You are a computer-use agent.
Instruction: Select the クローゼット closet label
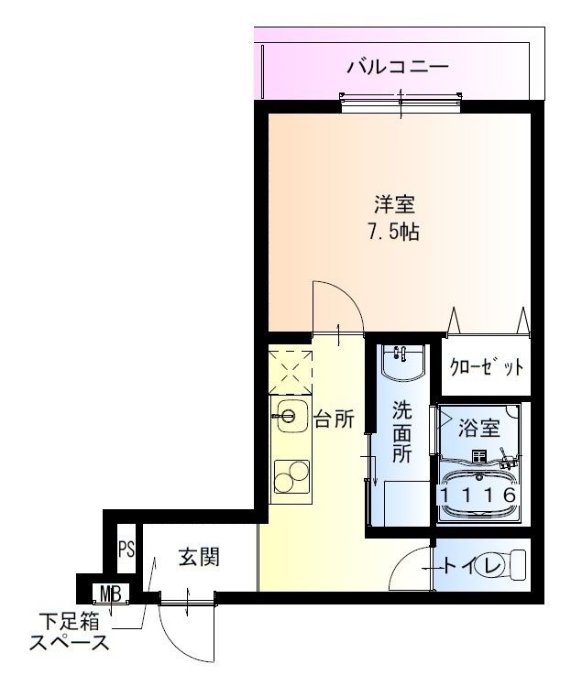coord(486,368)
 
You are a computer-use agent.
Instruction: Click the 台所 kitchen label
coord(334,419)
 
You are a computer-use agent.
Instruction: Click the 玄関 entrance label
coord(199,556)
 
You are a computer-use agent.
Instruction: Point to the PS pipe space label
coord(126,550)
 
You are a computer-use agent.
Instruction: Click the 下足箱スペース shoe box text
coord(69,632)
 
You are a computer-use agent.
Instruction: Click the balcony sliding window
coord(401,101)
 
